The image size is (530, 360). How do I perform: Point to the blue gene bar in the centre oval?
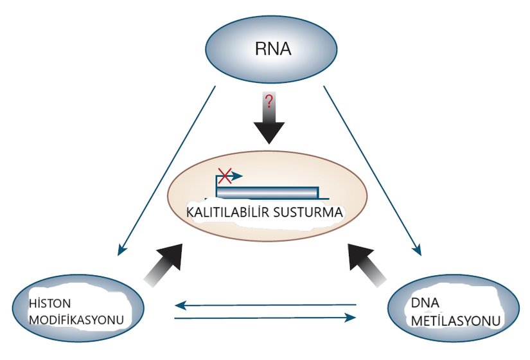(x=267, y=192)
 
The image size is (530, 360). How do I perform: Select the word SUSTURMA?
(x=308, y=212)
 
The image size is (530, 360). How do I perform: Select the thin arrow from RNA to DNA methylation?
(x=373, y=170)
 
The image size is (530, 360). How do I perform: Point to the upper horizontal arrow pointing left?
(x=267, y=304)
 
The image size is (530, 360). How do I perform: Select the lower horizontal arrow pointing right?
(x=267, y=317)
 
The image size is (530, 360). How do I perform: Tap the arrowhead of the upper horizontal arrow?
(x=181, y=304)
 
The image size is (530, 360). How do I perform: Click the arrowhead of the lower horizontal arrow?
(x=351, y=317)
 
